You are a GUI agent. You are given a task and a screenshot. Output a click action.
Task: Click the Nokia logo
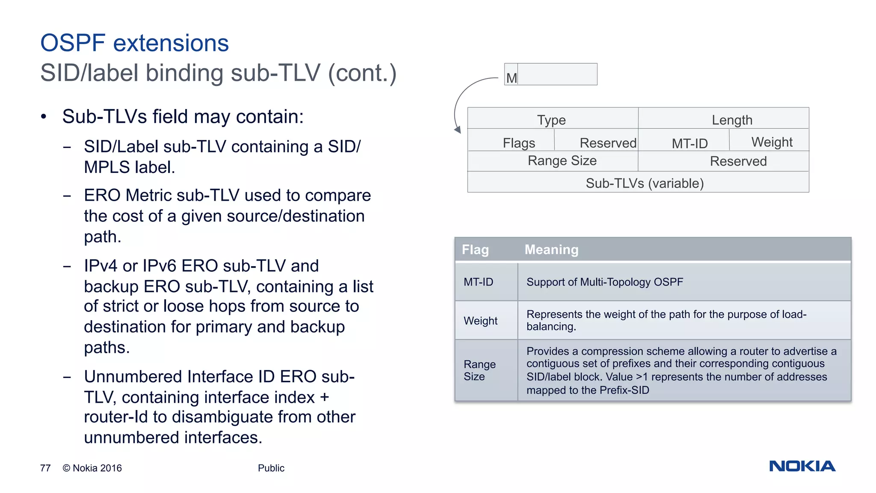802,466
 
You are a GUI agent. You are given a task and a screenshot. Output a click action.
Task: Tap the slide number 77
45,468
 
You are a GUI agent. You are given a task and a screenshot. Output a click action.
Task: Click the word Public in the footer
271,468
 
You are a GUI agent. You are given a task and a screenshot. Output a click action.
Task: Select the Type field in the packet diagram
551,120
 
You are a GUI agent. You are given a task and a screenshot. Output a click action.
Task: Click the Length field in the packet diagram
732,120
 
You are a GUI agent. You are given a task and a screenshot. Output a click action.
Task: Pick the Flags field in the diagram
519,143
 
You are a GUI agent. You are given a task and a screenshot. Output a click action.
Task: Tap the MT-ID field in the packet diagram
690,143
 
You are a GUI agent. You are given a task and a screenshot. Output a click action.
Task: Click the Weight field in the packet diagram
772,142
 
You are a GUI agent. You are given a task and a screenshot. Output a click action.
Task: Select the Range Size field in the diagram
562,161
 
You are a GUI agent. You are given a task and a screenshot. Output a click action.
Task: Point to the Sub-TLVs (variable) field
644,183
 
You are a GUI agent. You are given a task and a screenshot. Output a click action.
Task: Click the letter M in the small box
512,78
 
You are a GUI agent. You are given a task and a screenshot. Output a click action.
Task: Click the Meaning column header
551,249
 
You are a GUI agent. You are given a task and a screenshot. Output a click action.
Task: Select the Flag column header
475,249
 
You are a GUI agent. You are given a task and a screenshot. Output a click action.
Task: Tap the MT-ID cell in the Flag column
479,282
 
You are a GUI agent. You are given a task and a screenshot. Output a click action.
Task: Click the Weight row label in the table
480,321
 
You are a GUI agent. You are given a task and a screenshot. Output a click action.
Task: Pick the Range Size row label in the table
479,370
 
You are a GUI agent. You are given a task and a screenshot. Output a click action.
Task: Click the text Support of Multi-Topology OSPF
604,282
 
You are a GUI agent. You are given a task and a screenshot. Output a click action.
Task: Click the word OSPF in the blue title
73,43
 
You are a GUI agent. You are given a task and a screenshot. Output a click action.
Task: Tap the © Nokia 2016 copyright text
92,468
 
